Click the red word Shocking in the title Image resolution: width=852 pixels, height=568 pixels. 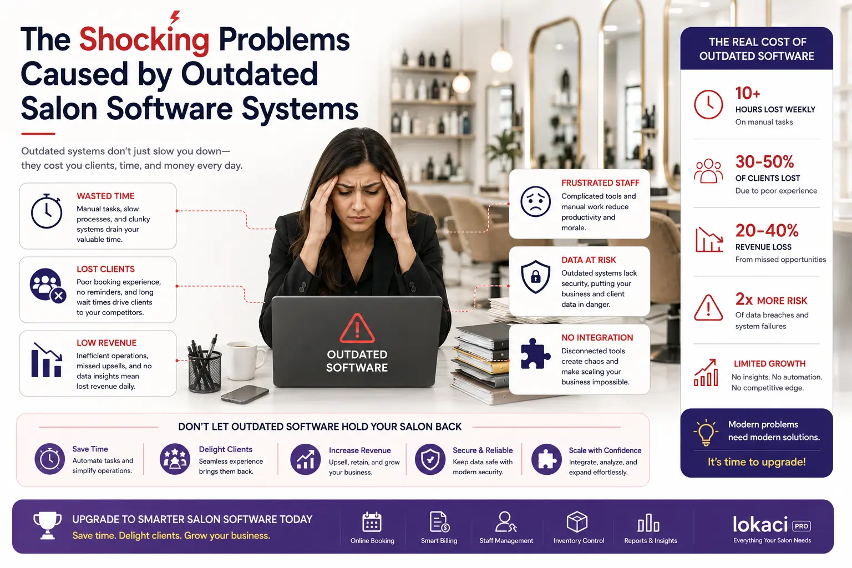tap(144, 39)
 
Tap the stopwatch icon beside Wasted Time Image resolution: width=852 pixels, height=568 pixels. tap(47, 211)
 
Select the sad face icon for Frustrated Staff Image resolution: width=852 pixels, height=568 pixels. tap(535, 202)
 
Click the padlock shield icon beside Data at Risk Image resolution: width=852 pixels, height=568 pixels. tap(535, 277)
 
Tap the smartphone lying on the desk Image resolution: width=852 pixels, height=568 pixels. tap(245, 394)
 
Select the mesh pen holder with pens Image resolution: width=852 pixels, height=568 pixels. tap(204, 364)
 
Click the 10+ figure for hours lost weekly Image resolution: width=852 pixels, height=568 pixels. tap(747, 93)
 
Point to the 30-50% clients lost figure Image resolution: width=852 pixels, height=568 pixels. tap(764, 161)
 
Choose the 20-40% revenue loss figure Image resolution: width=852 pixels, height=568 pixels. tap(767, 231)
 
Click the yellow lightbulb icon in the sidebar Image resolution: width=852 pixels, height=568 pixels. tap(706, 432)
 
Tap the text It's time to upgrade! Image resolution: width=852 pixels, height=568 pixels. tap(757, 462)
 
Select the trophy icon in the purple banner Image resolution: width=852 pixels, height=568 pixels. tap(47, 525)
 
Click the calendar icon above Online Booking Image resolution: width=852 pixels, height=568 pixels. tap(372, 521)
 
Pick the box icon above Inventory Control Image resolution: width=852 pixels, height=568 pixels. tap(577, 521)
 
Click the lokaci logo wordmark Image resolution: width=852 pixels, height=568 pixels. tap(760, 525)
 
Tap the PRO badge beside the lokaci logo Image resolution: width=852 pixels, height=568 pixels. tap(802, 526)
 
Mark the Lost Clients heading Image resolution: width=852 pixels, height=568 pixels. tap(106, 270)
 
